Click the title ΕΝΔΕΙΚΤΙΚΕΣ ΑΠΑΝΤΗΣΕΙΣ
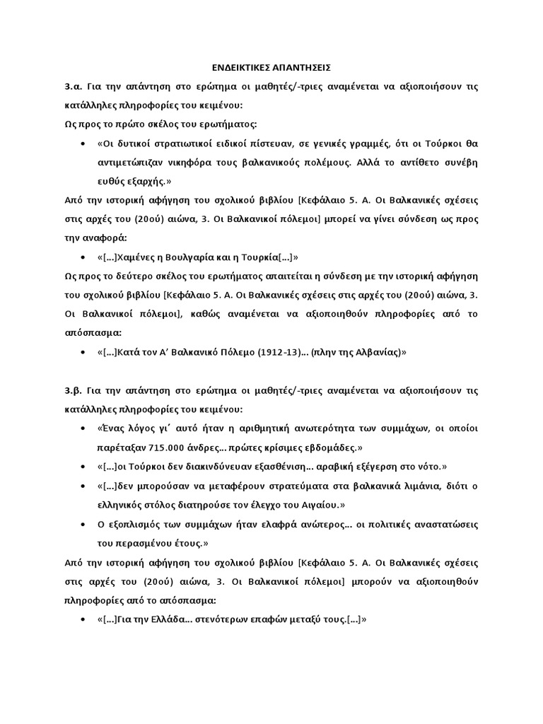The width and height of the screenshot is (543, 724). tap(271, 67)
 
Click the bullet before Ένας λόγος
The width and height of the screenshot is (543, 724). tap(85, 429)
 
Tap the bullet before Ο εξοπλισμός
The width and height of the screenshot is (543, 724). tap(85, 524)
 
